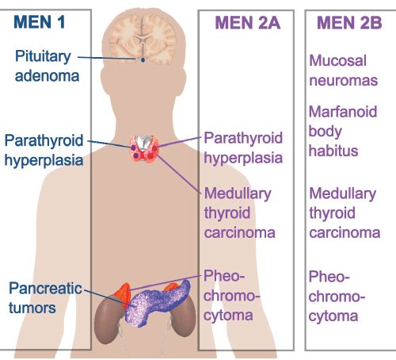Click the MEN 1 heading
pyautogui.click(x=40, y=22)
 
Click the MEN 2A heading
pyautogui.click(x=248, y=23)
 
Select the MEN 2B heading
pyautogui.click(x=349, y=23)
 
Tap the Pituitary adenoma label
pyautogui.click(x=47, y=66)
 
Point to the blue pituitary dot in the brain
pyautogui.click(x=143, y=60)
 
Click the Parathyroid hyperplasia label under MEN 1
pyautogui.click(x=44, y=150)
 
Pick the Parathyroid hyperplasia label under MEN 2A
pyautogui.click(x=243, y=148)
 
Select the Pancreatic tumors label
pyautogui.click(x=45, y=297)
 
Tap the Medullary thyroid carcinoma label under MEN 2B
pyautogui.click(x=345, y=213)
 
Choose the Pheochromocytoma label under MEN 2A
pyautogui.click(x=231, y=296)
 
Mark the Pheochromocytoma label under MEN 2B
pyautogui.click(x=337, y=296)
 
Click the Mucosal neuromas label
pyautogui.click(x=343, y=71)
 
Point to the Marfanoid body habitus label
pyautogui.click(x=343, y=131)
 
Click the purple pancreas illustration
pyautogui.click(x=158, y=304)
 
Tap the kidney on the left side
pyautogui.click(x=109, y=321)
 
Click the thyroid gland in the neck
pyautogui.click(x=144, y=149)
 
